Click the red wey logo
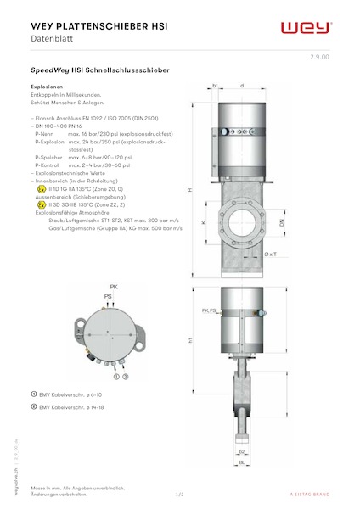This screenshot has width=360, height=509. [x=306, y=28]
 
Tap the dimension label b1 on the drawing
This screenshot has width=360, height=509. [x=217, y=86]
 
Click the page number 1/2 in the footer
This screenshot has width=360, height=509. [x=179, y=493]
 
